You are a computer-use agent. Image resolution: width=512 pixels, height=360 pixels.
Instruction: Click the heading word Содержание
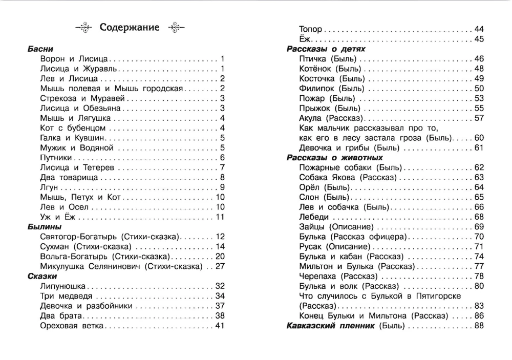point(130,27)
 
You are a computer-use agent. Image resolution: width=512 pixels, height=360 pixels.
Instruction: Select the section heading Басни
point(41,49)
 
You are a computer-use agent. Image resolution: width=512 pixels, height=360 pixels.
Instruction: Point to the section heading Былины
point(45,226)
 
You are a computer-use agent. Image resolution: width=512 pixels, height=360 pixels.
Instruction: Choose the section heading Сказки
point(42,276)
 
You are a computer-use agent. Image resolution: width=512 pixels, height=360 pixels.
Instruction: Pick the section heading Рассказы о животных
point(335,158)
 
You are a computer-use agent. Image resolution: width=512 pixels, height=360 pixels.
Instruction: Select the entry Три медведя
point(66,296)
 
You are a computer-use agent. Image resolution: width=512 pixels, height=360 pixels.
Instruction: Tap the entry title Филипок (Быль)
point(331,89)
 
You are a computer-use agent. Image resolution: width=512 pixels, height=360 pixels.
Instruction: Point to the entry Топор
point(310,29)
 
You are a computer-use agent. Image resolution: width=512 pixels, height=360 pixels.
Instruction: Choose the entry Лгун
point(49,187)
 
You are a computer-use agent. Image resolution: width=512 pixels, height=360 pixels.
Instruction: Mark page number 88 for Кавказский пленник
point(479,326)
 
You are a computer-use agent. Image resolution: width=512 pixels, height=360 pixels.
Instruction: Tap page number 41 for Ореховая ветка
point(221,326)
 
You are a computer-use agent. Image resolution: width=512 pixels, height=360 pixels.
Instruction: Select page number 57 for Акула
point(479,118)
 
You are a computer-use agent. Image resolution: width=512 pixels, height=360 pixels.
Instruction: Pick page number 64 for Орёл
point(479,187)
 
